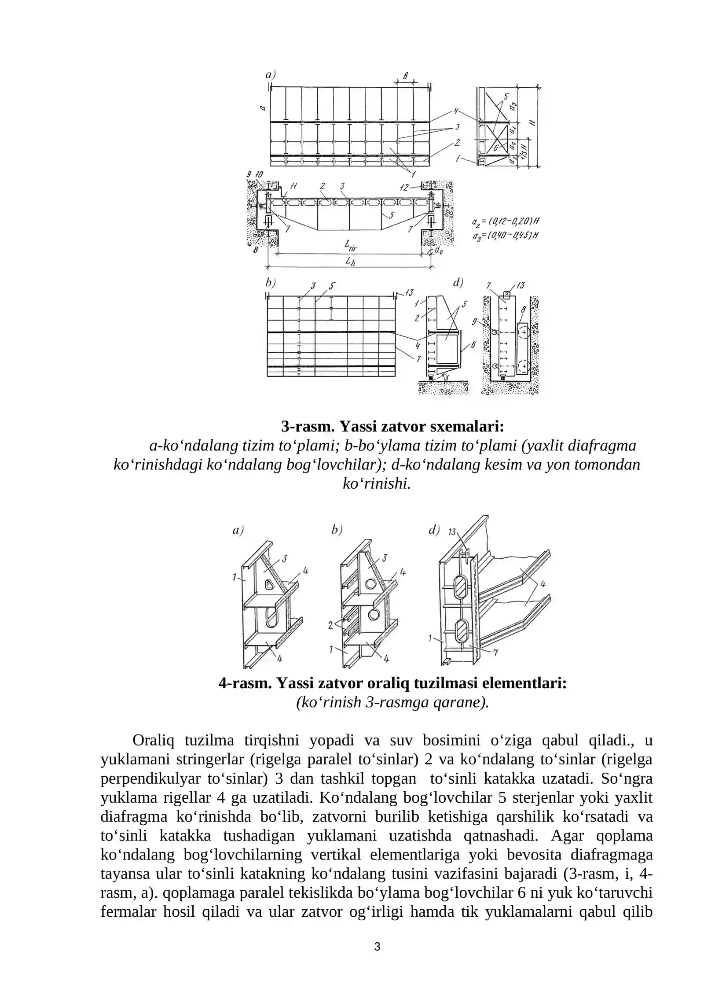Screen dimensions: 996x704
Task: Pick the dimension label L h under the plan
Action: (350, 261)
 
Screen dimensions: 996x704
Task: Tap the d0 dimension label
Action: (439, 250)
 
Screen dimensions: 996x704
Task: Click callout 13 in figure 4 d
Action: (452, 532)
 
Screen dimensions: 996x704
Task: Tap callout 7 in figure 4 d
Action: (495, 653)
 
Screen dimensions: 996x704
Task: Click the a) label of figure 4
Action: (238, 530)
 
